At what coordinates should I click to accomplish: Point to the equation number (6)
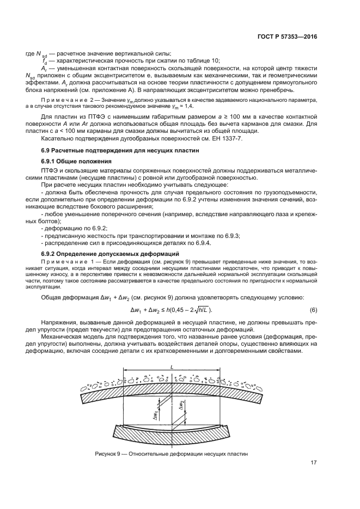pyautogui.click(x=314, y=310)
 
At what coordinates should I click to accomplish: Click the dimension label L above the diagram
pyautogui.click(x=172, y=368)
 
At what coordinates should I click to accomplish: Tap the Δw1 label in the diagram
pyautogui.click(x=157, y=415)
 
